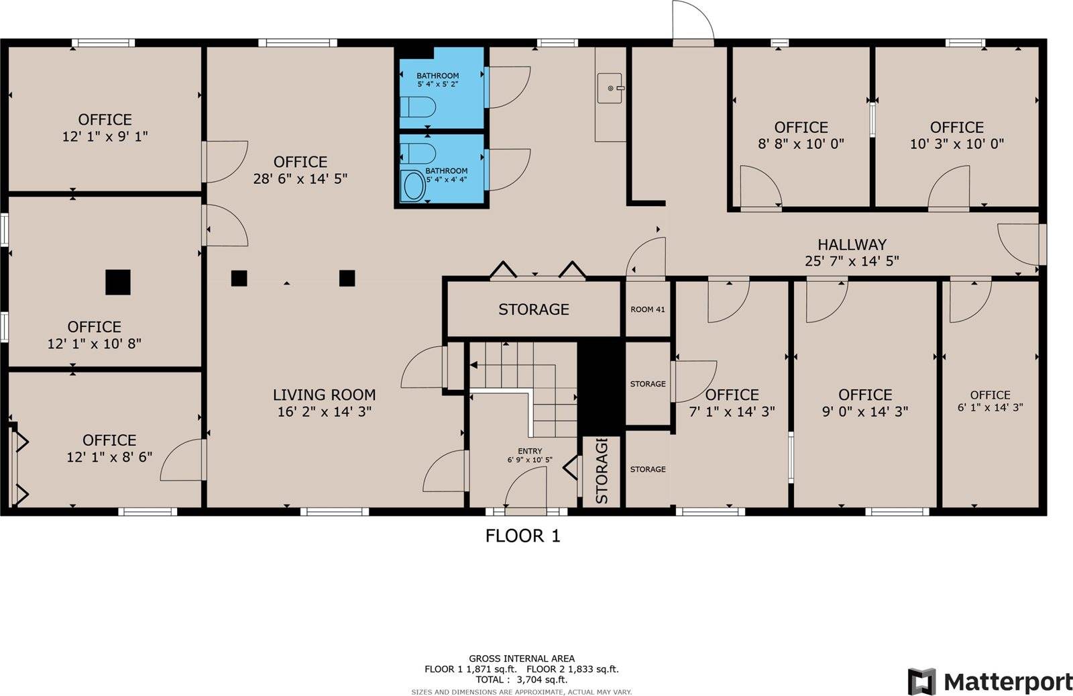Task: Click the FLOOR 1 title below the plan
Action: point(522,536)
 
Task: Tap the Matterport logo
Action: point(990,682)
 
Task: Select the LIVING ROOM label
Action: point(324,395)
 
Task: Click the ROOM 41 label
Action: point(648,309)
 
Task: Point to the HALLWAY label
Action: point(852,245)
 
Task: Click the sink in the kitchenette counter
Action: point(610,88)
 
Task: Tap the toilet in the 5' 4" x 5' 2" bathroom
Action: point(417,107)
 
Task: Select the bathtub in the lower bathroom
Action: point(413,186)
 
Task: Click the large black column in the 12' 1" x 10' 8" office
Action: point(118,282)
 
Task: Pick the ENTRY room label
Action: point(530,451)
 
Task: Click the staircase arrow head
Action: point(473,365)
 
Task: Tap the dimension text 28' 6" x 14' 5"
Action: point(300,179)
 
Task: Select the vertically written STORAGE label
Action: point(602,471)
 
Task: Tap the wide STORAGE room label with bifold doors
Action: point(533,309)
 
